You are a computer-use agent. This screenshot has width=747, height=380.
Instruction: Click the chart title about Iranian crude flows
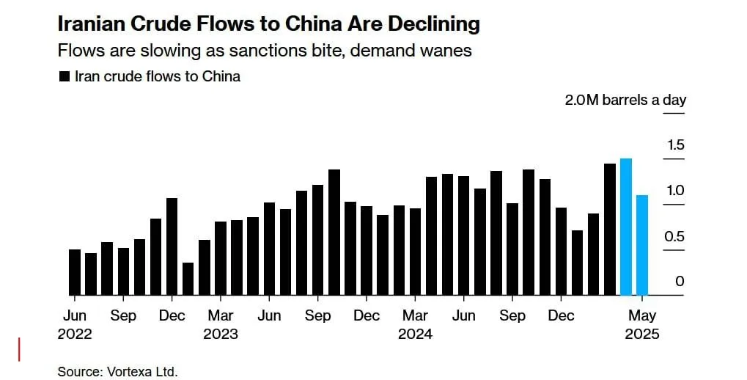click(x=268, y=23)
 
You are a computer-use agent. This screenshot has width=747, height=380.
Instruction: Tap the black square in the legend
click(x=64, y=76)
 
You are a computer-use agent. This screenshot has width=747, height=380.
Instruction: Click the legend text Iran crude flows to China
click(x=157, y=76)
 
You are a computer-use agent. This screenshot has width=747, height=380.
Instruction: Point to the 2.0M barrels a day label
click(x=625, y=100)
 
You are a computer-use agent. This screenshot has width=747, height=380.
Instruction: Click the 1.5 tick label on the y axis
click(x=674, y=145)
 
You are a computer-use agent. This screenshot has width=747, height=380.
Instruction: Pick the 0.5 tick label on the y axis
click(x=674, y=237)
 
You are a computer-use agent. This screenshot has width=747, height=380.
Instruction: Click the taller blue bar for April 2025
click(x=626, y=227)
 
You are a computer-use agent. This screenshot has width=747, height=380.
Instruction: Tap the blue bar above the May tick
click(x=642, y=245)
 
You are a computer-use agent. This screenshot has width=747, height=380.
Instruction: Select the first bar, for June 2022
click(x=75, y=272)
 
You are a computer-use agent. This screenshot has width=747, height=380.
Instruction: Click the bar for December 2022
click(x=172, y=246)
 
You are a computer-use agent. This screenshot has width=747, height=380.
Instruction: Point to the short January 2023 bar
click(x=188, y=279)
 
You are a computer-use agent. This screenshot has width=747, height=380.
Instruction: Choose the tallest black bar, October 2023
click(x=334, y=232)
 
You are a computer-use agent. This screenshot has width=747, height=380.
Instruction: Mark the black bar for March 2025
click(x=610, y=229)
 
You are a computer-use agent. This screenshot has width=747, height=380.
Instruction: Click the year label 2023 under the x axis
click(x=221, y=335)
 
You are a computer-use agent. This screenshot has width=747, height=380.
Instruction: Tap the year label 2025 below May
click(x=642, y=335)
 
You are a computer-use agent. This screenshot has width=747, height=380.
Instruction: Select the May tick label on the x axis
click(x=642, y=315)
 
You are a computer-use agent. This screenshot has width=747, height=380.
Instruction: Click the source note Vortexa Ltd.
click(x=118, y=371)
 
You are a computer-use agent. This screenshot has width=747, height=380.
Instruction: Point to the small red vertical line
click(x=19, y=349)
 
